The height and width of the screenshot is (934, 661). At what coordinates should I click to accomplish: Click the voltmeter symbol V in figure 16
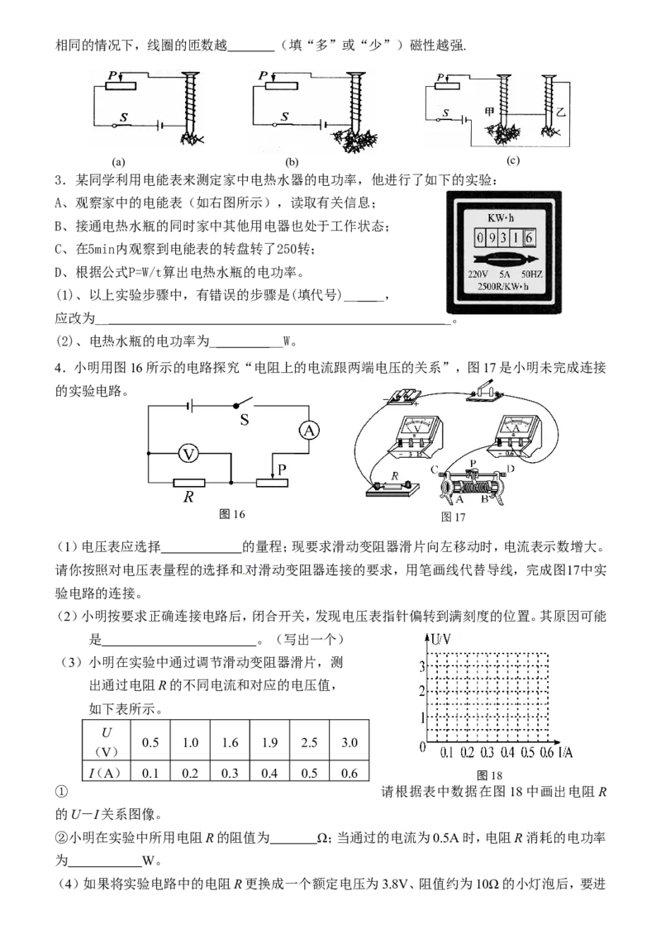click(x=188, y=455)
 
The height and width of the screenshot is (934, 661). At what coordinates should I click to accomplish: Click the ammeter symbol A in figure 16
click(x=309, y=430)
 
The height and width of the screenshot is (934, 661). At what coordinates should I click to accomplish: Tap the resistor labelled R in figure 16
click(x=188, y=483)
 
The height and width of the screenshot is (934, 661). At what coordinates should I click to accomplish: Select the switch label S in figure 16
click(x=245, y=420)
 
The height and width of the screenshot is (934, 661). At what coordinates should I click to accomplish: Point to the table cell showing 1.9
click(x=269, y=742)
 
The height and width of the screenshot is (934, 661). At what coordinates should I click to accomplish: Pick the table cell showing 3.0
click(x=350, y=742)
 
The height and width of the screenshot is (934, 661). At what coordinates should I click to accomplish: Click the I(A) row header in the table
click(x=106, y=773)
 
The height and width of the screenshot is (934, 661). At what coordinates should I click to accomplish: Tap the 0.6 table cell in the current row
click(x=350, y=773)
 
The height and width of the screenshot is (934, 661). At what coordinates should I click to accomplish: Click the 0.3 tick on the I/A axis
click(x=487, y=753)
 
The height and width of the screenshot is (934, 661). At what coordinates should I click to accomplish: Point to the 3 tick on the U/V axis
click(x=422, y=666)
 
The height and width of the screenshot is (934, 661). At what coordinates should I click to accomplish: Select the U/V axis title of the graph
click(x=440, y=639)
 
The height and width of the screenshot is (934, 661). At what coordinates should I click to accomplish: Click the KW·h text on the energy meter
click(x=501, y=218)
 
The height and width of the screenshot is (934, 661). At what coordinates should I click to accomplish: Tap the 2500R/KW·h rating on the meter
click(x=502, y=287)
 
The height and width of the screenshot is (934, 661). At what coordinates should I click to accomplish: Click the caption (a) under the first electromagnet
click(x=118, y=161)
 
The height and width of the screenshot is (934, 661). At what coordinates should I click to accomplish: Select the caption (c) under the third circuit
click(x=513, y=160)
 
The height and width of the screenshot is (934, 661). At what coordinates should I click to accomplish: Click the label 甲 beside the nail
click(x=489, y=112)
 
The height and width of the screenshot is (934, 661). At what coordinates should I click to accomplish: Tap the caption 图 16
click(x=232, y=514)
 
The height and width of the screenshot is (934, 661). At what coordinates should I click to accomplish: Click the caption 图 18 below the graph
click(x=489, y=775)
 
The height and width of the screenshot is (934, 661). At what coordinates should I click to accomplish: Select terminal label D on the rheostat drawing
click(x=511, y=469)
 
